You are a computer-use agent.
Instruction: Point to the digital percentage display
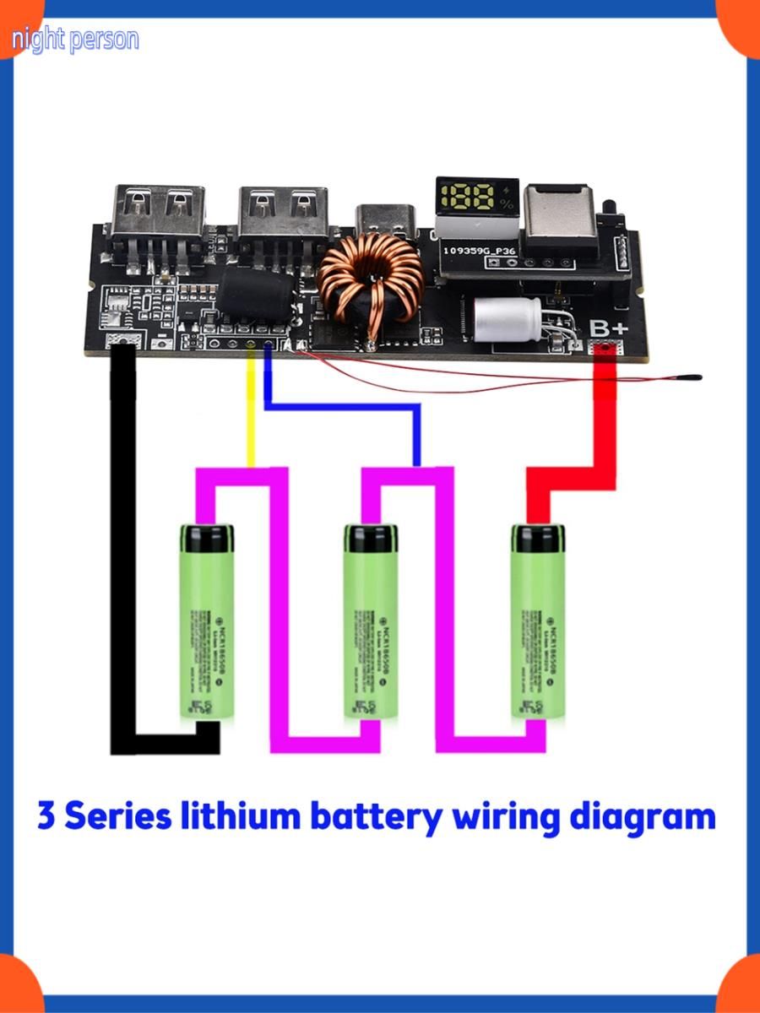coord(475,200)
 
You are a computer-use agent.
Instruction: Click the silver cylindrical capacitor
coord(507,319)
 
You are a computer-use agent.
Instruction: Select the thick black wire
coord(123,549)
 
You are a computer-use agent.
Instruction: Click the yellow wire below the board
coord(250,414)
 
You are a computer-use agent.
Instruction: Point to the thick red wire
coord(605,422)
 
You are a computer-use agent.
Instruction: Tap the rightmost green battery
coord(540,623)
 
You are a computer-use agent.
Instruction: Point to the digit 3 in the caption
coord(46,817)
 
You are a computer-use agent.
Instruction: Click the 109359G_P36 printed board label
coord(478,251)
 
